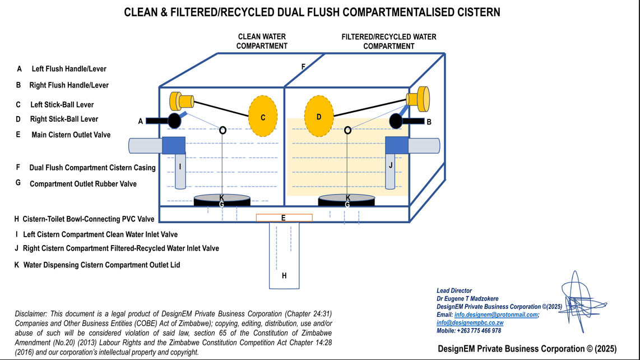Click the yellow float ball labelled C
click(x=263, y=117)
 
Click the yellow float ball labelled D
click(x=319, y=117)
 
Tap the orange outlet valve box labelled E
click(x=284, y=218)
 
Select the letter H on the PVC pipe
click(x=284, y=275)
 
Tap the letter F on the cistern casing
click(x=304, y=67)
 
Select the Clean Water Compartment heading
click(x=262, y=41)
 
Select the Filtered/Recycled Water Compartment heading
click(x=388, y=41)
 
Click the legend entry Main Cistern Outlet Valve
click(x=71, y=135)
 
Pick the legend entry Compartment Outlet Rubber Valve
click(x=83, y=184)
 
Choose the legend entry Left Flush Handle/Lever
click(x=69, y=69)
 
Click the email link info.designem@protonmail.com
click(x=495, y=315)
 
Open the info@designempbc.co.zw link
click(x=470, y=322)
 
